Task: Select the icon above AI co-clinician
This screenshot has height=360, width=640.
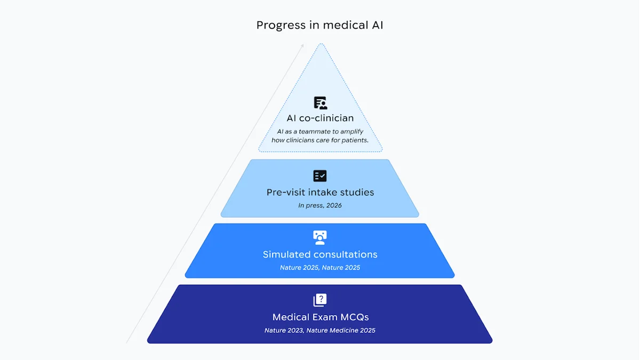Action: pyautogui.click(x=320, y=103)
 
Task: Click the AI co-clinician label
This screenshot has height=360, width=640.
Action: pyautogui.click(x=320, y=118)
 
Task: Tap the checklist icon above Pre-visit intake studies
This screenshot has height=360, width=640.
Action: pyautogui.click(x=320, y=176)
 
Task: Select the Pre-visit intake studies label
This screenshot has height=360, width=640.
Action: pyautogui.click(x=320, y=192)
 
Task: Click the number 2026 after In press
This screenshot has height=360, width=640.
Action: pyautogui.click(x=333, y=205)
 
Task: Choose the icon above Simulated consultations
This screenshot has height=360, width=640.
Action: pyautogui.click(x=320, y=237)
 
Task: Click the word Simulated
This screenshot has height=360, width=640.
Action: pyautogui.click(x=287, y=254)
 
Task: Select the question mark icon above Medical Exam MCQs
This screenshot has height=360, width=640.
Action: pyautogui.click(x=320, y=300)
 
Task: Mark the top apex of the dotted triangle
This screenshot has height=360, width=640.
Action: pyautogui.click(x=320, y=44)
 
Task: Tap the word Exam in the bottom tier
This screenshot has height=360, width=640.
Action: pyautogui.click(x=316, y=317)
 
